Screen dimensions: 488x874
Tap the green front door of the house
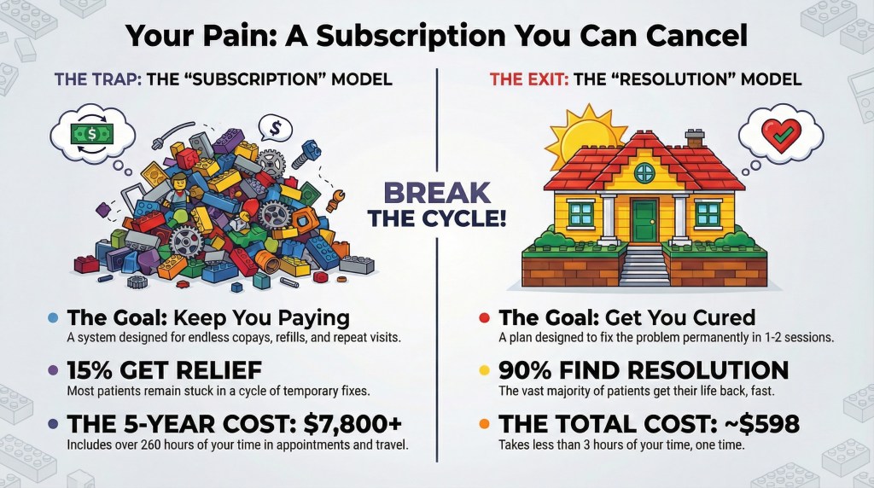[644, 221]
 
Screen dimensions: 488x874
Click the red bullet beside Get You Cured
[484, 319]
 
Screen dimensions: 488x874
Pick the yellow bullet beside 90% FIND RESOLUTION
[484, 372]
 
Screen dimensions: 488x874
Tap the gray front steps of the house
[644, 266]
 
